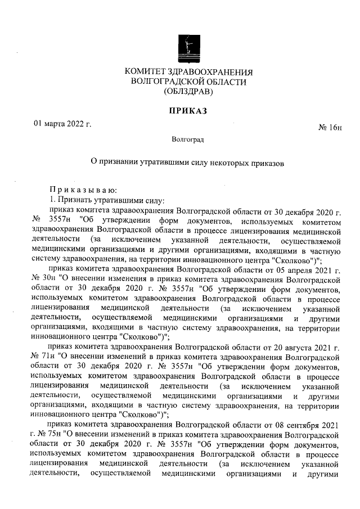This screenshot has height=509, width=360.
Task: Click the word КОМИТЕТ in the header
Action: (x=148, y=73)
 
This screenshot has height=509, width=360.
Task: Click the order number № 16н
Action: (x=330, y=129)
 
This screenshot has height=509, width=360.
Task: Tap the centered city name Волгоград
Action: (x=188, y=139)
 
